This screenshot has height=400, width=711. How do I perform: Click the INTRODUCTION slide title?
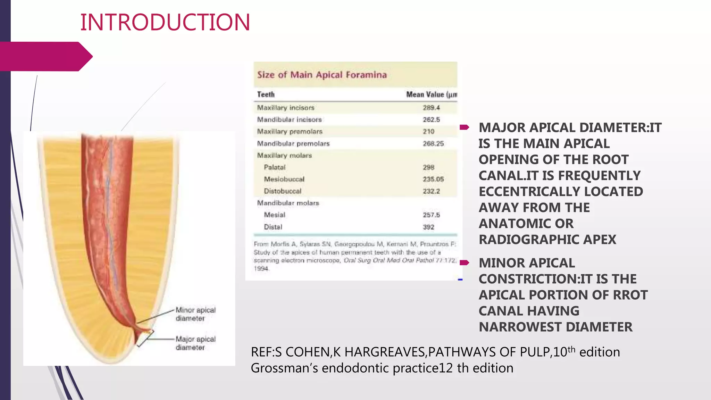(165, 22)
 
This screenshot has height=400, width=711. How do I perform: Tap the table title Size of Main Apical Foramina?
(322, 75)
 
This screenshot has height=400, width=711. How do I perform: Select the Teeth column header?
(266, 94)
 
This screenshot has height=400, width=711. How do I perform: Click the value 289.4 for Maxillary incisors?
(431, 108)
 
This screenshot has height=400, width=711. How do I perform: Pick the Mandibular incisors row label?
(289, 119)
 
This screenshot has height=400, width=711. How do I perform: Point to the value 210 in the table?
(428, 132)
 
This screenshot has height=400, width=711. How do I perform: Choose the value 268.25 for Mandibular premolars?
(433, 143)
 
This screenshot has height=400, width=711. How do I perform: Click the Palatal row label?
(275, 167)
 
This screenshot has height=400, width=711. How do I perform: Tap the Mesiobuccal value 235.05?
(433, 179)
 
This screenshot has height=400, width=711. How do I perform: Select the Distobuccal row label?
(283, 191)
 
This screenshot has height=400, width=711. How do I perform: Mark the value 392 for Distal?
(428, 227)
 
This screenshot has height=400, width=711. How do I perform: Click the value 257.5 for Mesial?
(431, 215)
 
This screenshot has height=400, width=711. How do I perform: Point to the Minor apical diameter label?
(195, 314)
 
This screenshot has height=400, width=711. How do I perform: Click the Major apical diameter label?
(195, 343)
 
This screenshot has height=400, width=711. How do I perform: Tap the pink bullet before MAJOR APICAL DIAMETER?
(465, 127)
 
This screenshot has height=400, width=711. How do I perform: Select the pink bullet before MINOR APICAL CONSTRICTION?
(465, 263)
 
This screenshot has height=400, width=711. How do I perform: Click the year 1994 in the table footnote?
(261, 268)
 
